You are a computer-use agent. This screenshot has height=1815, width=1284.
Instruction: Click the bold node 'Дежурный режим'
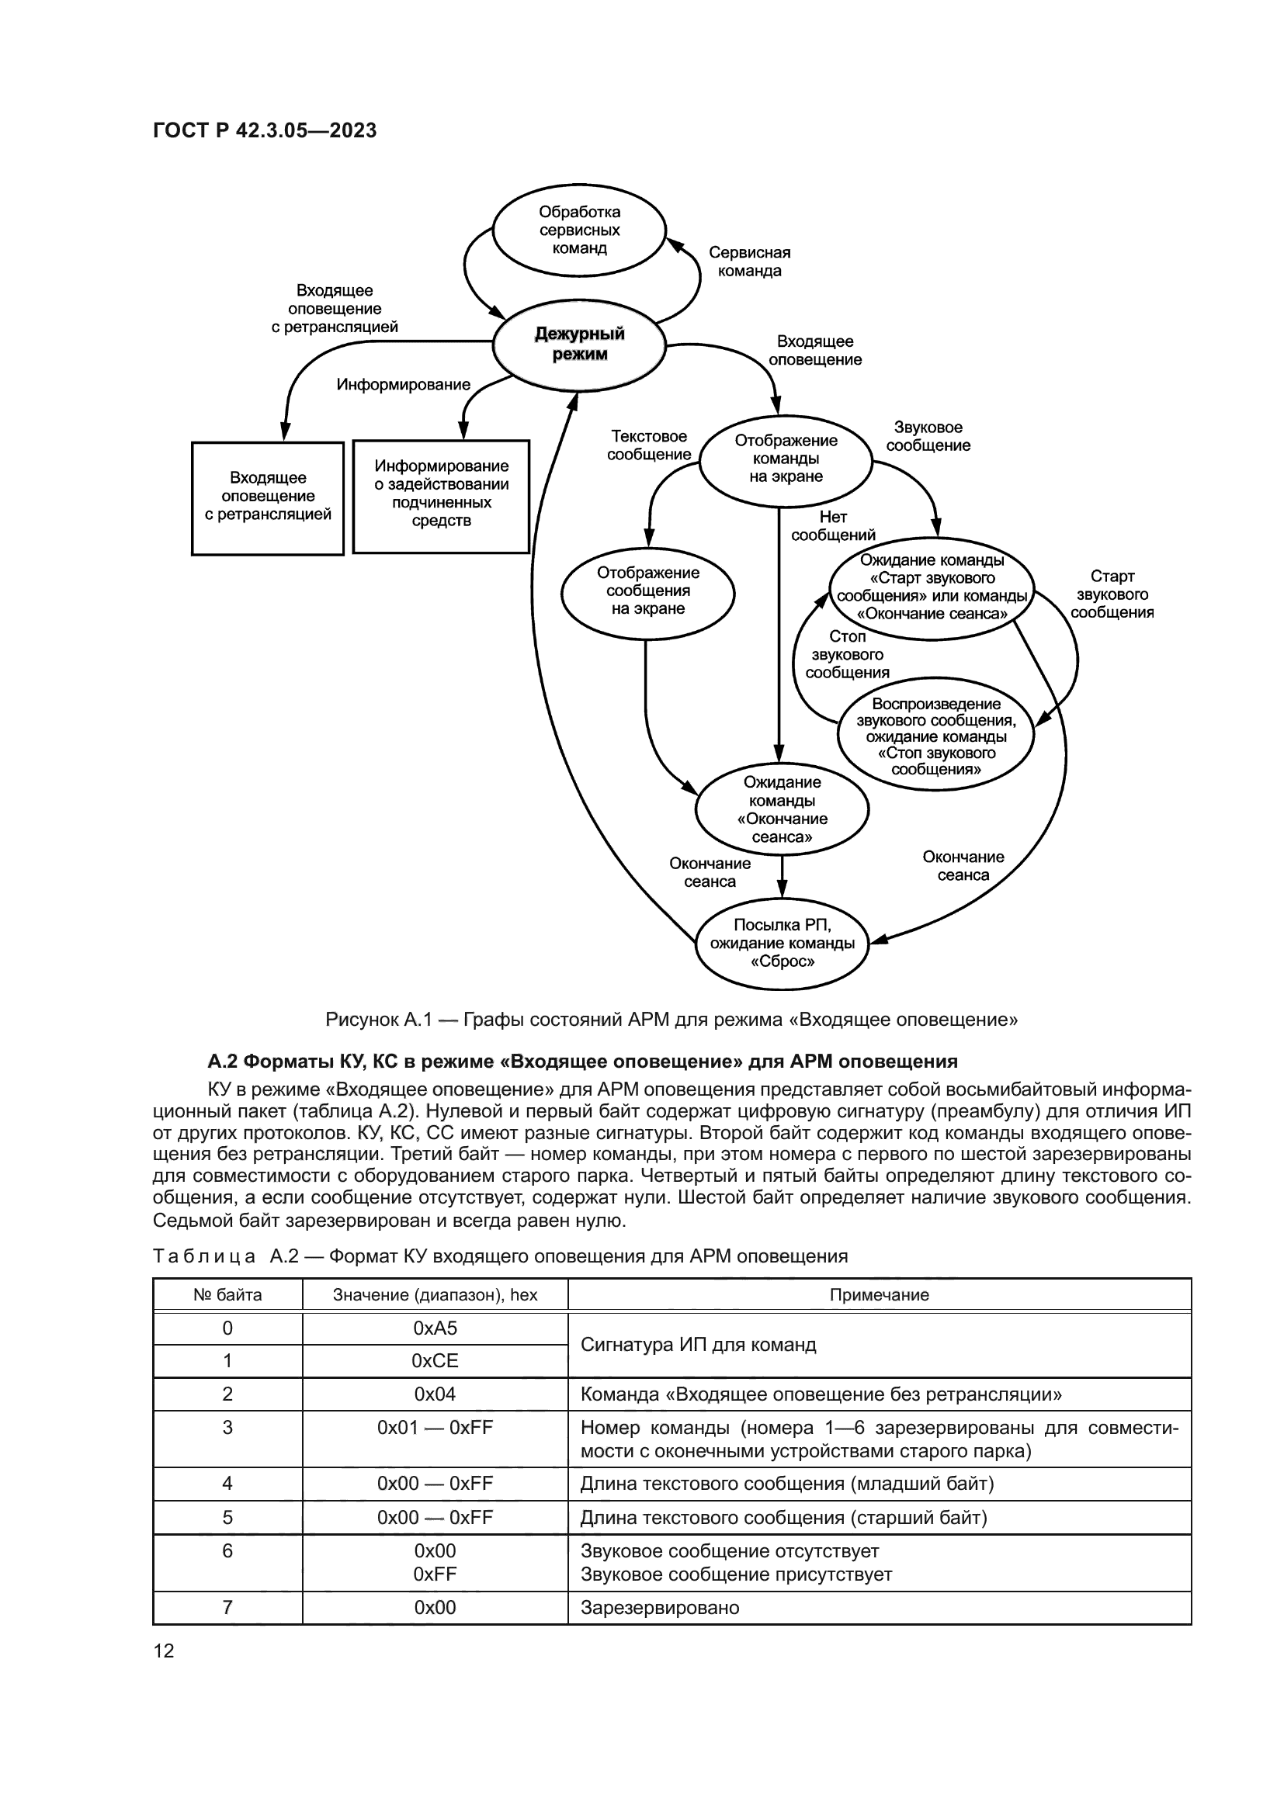(579, 344)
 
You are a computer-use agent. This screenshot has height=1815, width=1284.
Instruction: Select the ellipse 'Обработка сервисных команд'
(579, 230)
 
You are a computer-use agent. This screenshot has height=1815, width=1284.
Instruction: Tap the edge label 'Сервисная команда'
(748, 262)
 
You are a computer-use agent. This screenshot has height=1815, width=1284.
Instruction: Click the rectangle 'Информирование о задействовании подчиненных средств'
(441, 494)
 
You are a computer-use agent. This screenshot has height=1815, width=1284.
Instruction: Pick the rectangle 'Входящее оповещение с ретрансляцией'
(268, 497)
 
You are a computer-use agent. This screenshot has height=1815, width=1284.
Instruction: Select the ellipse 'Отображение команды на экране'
(786, 459)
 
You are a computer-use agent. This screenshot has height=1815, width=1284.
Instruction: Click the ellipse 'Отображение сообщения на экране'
(647, 591)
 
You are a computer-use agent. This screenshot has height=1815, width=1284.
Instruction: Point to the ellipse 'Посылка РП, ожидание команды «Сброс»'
(782, 943)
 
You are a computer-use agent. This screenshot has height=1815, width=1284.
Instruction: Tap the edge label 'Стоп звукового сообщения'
(847, 655)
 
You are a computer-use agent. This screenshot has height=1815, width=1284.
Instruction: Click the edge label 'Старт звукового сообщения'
(1112, 594)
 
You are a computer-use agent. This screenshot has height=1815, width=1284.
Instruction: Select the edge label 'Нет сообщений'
(832, 526)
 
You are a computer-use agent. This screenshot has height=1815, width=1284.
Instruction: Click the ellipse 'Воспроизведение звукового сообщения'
(935, 736)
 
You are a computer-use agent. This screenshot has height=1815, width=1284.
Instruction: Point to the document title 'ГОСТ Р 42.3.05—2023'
(265, 131)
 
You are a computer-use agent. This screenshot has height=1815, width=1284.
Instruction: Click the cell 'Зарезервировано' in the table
(659, 1608)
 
